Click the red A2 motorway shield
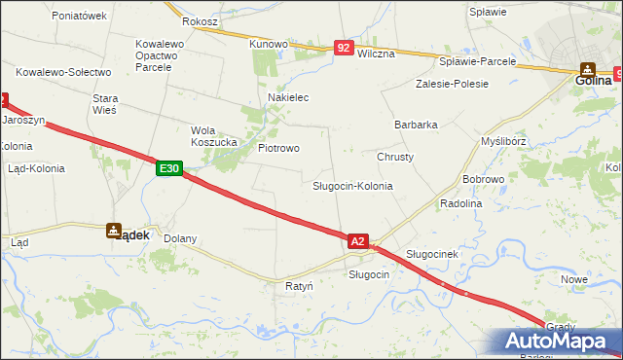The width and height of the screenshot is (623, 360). point(357,240)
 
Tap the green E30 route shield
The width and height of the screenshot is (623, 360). point(169,168)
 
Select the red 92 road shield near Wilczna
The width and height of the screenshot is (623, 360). point(344,47)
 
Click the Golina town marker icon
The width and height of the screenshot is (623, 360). point(589,69)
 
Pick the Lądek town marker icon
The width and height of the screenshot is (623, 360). point(114,231)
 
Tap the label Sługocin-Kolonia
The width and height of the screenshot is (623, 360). point(352,185)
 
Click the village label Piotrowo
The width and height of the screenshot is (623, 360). point(278,148)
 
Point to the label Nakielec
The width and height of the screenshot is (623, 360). point(288,98)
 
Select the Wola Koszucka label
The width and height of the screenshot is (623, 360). point(214,136)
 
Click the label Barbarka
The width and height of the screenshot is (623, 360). point(416,125)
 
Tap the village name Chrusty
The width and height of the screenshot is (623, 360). point(395,157)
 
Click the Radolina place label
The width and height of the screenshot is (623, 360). point(461,203)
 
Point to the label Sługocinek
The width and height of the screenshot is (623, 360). point(431,254)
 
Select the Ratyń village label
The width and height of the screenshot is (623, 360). point(299,287)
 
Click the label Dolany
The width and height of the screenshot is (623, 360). point(180,238)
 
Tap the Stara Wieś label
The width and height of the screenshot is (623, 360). point(104,104)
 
